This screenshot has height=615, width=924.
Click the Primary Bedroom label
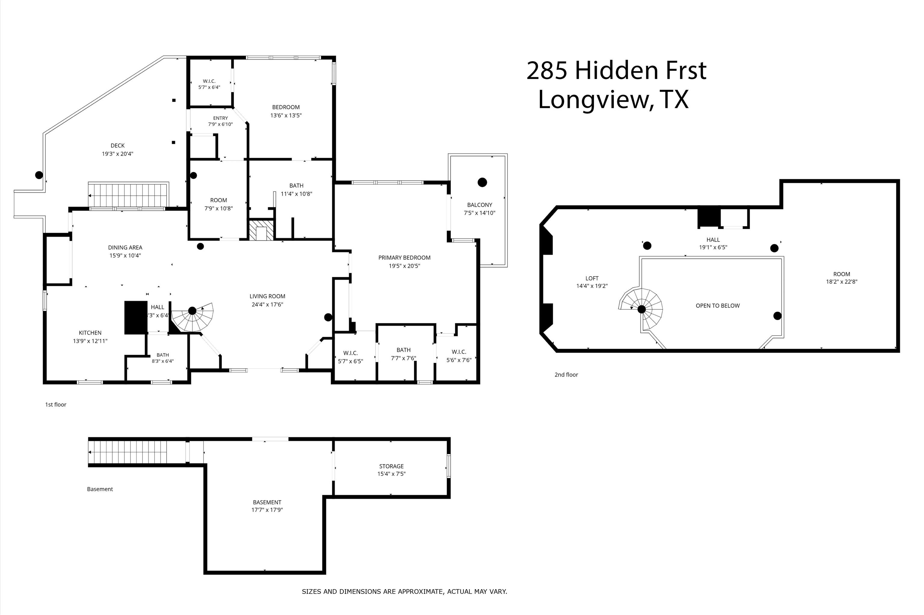click(404, 258)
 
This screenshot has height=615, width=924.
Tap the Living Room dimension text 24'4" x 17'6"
click(267, 304)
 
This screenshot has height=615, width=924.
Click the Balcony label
click(479, 205)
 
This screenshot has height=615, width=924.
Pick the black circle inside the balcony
click(482, 182)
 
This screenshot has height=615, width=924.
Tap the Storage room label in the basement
click(391, 466)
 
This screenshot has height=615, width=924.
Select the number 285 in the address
click(547, 71)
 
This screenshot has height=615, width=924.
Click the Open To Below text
click(718, 305)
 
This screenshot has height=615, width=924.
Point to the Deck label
click(118, 145)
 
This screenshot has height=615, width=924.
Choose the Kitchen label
click(90, 333)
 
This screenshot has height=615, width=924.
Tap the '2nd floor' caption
click(566, 375)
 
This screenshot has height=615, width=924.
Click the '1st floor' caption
click(56, 404)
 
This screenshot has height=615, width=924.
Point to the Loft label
click(592, 278)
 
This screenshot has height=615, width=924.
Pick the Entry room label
click(220, 118)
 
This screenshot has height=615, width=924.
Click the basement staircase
click(128, 452)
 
